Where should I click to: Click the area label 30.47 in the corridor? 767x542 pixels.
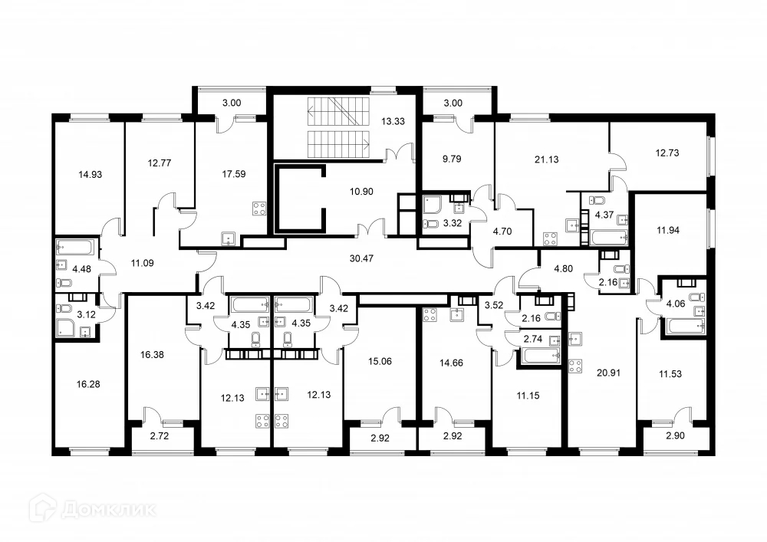[361, 258]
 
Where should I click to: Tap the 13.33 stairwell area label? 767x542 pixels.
[393, 121]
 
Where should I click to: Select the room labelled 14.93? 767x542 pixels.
[90, 175]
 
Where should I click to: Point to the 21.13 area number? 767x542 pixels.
[546, 159]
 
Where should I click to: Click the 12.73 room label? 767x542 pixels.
[667, 153]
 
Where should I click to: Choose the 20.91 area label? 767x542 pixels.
[608, 373]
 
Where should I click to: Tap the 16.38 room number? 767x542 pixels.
[152, 355]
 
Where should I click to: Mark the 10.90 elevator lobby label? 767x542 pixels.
[361, 192]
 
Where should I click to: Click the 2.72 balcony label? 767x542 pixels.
[160, 436]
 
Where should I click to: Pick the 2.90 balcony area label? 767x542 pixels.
[676, 436]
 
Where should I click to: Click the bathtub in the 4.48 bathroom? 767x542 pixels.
[74, 247]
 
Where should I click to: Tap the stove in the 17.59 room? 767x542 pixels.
[259, 209]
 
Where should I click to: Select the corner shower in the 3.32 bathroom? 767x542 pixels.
[433, 205]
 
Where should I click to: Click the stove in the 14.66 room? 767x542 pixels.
[430, 315]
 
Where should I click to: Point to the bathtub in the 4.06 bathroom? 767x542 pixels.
[683, 326]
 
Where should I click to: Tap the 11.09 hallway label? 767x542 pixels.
[143, 264]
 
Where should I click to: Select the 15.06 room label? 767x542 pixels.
[380, 362]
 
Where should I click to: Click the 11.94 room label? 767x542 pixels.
[668, 230]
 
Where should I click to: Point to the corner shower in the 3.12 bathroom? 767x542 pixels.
[66, 327]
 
